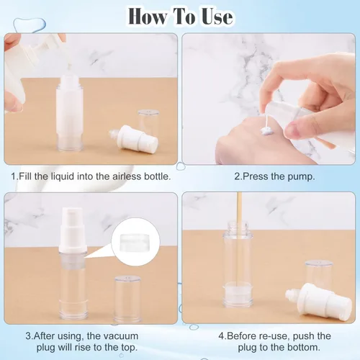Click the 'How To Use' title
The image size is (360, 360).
(179, 15)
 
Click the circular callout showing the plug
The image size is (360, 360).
(135, 248)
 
